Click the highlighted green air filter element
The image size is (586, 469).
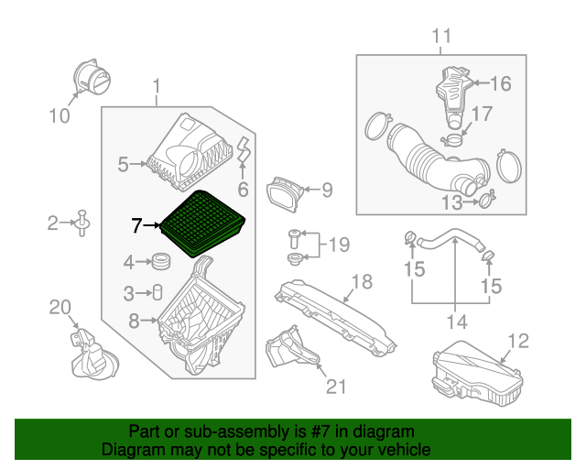(x=204, y=223)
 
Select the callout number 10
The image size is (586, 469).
(x=59, y=115)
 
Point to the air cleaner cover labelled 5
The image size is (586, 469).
(x=188, y=151)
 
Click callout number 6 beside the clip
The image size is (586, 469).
(x=244, y=191)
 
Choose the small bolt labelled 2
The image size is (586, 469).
(x=82, y=222)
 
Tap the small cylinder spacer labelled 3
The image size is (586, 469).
(x=157, y=293)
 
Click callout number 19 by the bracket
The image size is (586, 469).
(x=339, y=245)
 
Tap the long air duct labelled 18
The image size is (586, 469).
(x=339, y=317)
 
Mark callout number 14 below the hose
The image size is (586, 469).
(x=455, y=322)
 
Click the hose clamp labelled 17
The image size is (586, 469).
(x=452, y=139)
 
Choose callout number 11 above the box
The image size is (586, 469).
(x=442, y=37)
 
